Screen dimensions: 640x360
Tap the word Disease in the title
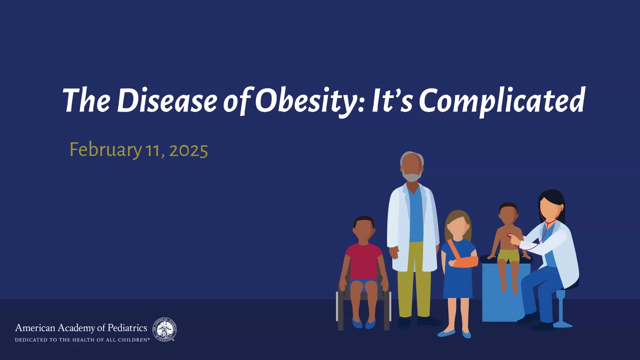coord(167,100)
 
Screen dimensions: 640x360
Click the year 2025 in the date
coord(188,150)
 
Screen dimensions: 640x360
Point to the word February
coord(105,150)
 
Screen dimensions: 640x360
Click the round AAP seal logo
coord(164,329)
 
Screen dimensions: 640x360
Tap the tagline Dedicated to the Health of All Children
coord(82,340)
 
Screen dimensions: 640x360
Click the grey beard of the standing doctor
coord(411,175)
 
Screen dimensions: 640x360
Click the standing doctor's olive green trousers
coord(414,280)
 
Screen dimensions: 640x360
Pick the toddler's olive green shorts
coord(508,256)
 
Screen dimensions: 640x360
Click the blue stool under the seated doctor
coord(562,308)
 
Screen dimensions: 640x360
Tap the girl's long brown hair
coord(458,225)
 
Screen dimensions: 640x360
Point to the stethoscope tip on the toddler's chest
coord(509,235)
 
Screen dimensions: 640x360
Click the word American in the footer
coord(35,327)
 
